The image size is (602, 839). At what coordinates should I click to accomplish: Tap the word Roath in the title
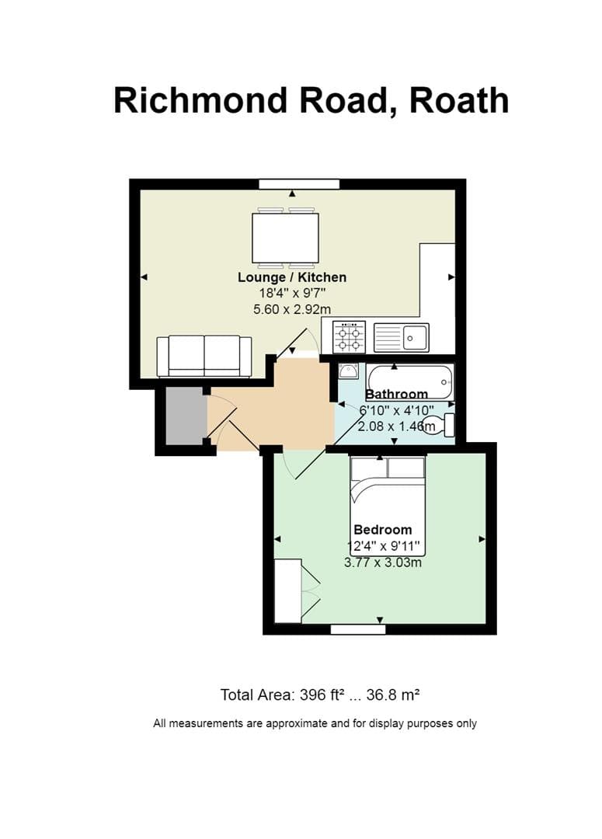[x=459, y=100]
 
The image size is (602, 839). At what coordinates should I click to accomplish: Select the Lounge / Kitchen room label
[x=291, y=277]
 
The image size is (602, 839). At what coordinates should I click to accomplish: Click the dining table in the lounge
[x=285, y=238]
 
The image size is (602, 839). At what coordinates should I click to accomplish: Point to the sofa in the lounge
[x=204, y=357]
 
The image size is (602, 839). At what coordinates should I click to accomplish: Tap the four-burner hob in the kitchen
[x=349, y=337]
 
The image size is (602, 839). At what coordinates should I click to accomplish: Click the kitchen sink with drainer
[x=401, y=337]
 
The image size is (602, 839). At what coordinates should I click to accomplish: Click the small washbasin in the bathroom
[x=348, y=371]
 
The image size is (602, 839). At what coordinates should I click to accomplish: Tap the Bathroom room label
[x=397, y=394]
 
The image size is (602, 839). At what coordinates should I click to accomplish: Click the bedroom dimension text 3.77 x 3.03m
[x=383, y=562]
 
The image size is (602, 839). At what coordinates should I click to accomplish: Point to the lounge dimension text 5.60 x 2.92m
[x=292, y=308]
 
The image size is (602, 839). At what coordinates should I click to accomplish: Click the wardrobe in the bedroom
[x=287, y=590]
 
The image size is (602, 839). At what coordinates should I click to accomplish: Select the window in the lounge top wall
[x=299, y=184]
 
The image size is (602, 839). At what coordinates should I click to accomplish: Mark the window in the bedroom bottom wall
[x=357, y=629]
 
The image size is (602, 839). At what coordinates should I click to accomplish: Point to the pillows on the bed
[x=388, y=468]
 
